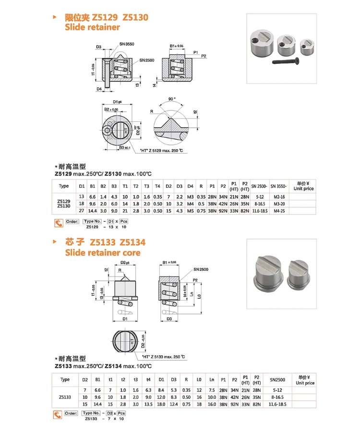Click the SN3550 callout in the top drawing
pyautogui.click(x=128, y=44)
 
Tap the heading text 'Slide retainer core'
pyautogui.click(x=103, y=252)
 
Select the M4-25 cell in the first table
pyautogui.click(x=278, y=210)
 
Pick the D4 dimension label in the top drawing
pyautogui.click(x=99, y=89)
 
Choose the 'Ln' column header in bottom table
pyautogui.click(x=212, y=380)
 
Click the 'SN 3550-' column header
pyautogui.click(x=278, y=186)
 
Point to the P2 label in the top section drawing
pyautogui.click(x=204, y=56)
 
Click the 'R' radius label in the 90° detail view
pyautogui.click(x=151, y=111)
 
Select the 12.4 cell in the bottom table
pyautogui.click(x=174, y=405)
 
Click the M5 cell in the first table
pyautogui.click(x=191, y=210)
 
